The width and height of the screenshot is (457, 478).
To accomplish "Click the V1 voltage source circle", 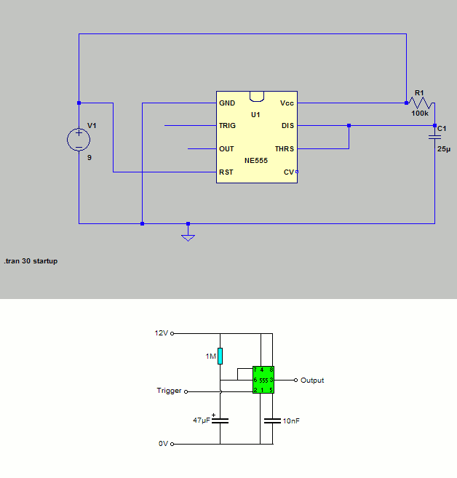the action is [79, 140].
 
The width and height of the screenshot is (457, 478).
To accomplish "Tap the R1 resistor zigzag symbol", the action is [421, 103].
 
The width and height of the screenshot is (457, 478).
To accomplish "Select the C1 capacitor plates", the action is [434, 138].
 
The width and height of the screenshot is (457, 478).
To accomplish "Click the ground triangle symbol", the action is [188, 238].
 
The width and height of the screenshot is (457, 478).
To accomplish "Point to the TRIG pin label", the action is [227, 126].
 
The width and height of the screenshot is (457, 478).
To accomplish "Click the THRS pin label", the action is [285, 148].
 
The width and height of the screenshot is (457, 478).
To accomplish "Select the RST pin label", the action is [226, 172].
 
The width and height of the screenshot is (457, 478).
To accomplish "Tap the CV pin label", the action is [289, 172].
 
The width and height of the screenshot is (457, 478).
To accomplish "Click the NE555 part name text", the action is [256, 161].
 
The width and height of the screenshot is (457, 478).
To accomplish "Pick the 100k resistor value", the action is [420, 113].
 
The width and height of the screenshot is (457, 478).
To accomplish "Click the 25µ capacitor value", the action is [444, 149].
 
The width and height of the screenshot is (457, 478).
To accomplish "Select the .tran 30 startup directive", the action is [31, 261].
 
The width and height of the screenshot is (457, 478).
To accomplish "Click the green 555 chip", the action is [263, 380].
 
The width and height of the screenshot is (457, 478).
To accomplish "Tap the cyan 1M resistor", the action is [220, 356].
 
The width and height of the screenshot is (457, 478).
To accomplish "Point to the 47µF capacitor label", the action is [202, 421].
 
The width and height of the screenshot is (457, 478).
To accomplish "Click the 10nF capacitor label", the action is [291, 421].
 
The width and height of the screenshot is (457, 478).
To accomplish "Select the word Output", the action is [312, 380].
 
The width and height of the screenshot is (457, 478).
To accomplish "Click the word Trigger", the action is [170, 391].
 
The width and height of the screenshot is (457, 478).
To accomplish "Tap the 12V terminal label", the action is [162, 333].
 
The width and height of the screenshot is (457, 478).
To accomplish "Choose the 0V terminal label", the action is [163, 444].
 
